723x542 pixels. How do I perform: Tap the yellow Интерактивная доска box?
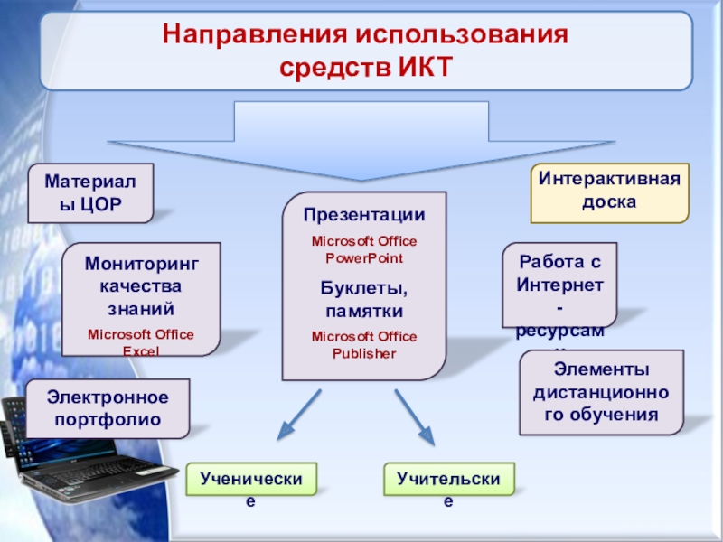pyautogui.click(x=608, y=192)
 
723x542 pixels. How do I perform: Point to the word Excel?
pyautogui.click(x=141, y=350)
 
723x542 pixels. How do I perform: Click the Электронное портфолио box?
pyautogui.click(x=108, y=408)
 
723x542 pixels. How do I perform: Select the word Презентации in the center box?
pyautogui.click(x=363, y=216)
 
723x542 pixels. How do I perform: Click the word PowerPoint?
pyautogui.click(x=363, y=258)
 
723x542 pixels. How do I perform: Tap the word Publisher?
pyautogui.click(x=363, y=353)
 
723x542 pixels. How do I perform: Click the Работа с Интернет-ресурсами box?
pyautogui.click(x=559, y=285)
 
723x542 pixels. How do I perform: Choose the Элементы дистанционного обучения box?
pyautogui.click(x=599, y=393)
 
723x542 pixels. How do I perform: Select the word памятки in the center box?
pyautogui.click(x=363, y=311)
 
